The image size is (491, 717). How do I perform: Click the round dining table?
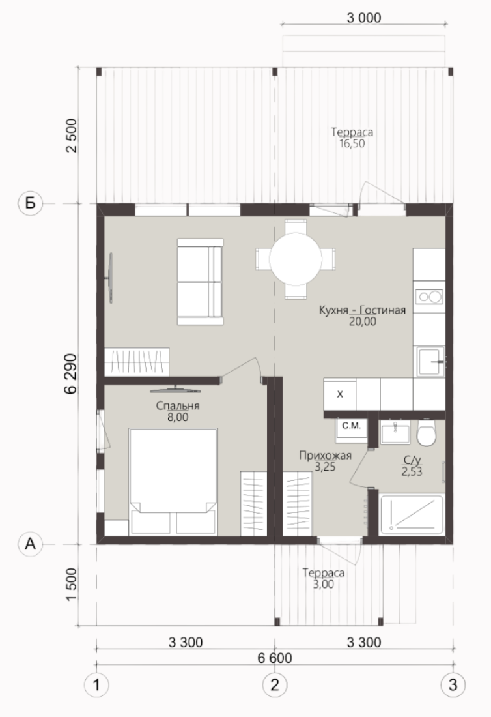pos(296,259)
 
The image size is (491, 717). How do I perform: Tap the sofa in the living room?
pos(200,282)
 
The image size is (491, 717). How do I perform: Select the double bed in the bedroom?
pos(173,481)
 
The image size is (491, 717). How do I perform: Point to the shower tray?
pos(412,514)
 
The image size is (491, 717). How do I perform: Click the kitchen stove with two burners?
pos(429,297)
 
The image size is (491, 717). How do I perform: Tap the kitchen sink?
pos(429,362)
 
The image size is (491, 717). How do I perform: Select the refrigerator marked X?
pos(340,394)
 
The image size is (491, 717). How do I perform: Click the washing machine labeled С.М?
pos(351,430)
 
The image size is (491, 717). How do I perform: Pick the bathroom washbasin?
pos(395,432)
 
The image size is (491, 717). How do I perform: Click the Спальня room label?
pos(178,405)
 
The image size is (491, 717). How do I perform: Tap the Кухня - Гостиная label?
pos(362,310)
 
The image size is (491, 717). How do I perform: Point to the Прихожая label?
pos(325,456)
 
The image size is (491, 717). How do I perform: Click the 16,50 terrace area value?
pos(352,143)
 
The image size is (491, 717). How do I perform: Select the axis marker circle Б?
pos(30,203)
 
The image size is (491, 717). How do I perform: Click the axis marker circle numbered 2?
pos(275,684)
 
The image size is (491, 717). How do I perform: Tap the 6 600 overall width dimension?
pos(275,658)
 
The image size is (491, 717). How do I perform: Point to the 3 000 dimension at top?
pos(364,18)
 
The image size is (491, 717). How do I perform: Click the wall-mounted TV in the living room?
pos(110,278)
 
